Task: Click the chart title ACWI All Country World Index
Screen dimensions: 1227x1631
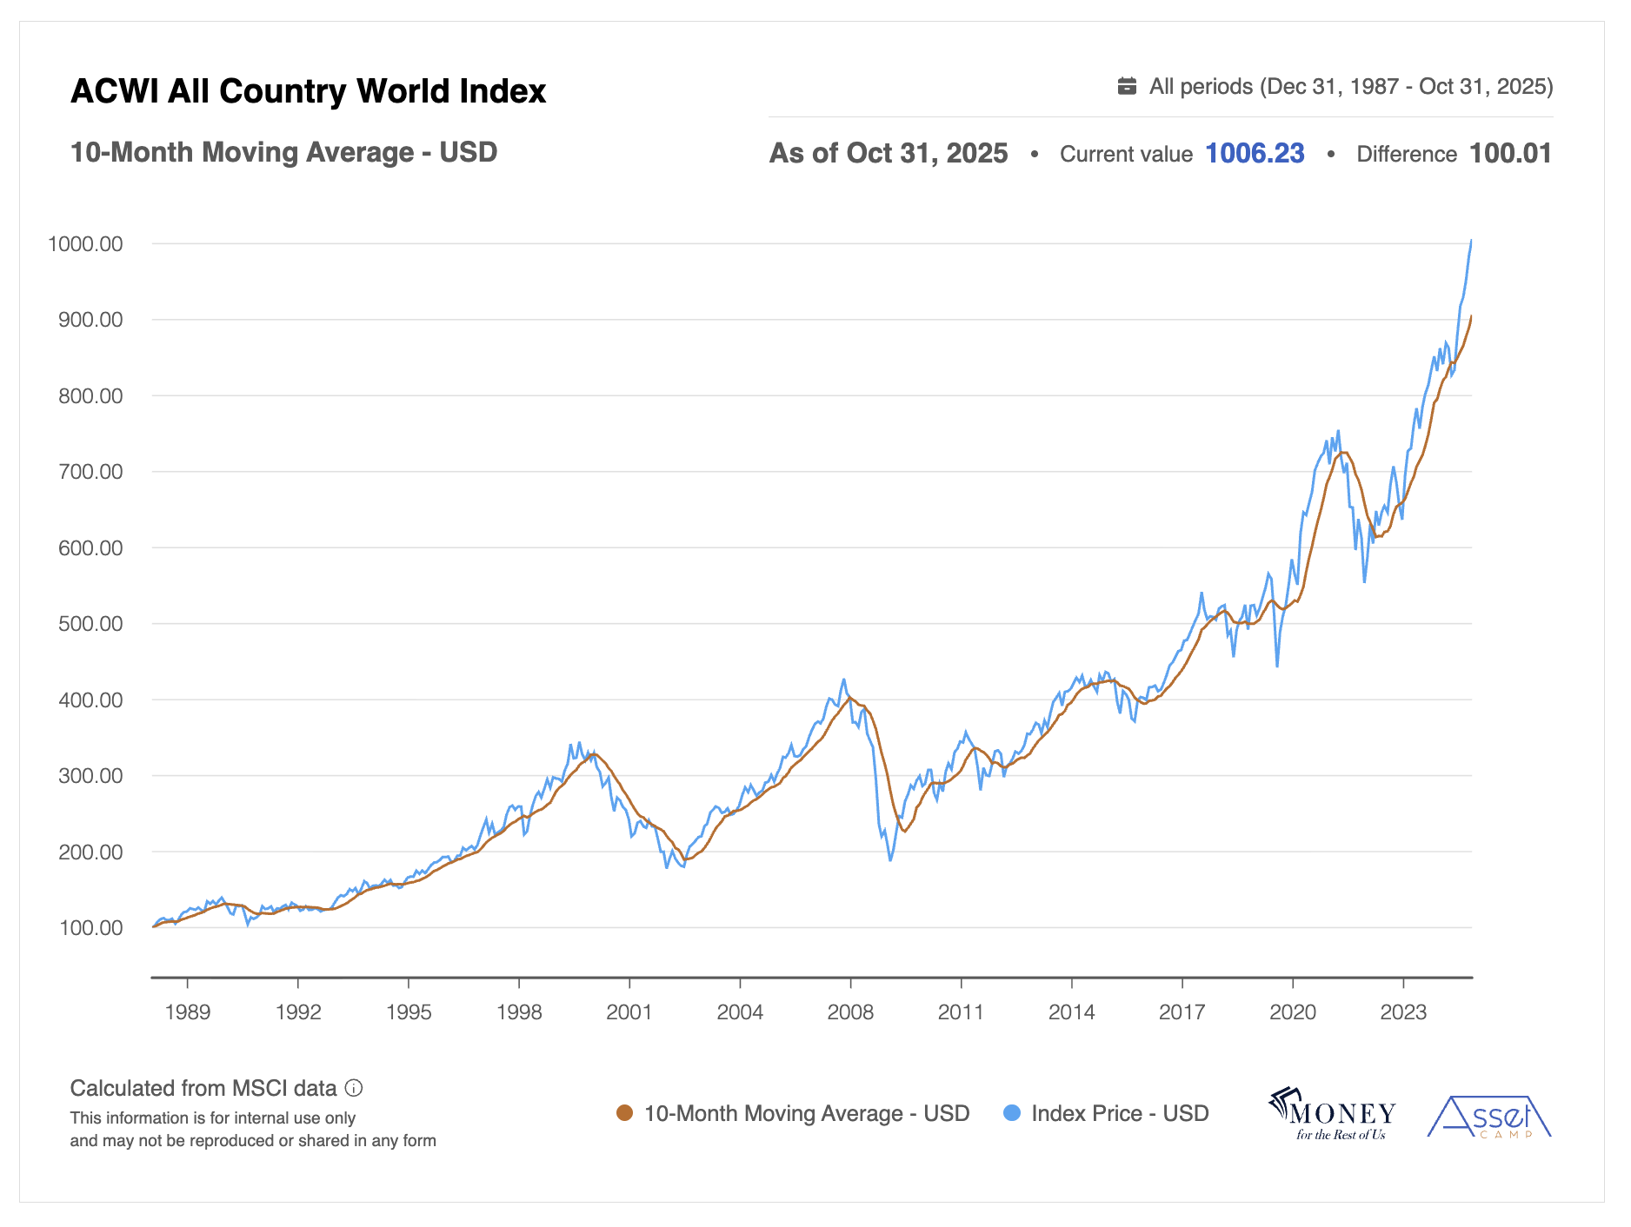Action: click(308, 91)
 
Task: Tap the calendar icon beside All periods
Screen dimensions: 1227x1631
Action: click(1127, 86)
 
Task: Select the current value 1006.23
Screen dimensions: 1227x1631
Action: click(1255, 154)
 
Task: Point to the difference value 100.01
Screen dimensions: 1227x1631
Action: click(1510, 154)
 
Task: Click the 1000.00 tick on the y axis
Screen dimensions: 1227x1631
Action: click(85, 244)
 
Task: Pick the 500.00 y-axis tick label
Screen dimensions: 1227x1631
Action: click(90, 624)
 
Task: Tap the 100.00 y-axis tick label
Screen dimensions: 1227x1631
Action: click(90, 928)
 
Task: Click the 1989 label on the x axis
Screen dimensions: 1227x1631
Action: click(188, 1012)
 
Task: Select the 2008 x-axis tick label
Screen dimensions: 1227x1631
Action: click(850, 1012)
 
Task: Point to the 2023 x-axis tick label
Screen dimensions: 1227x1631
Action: click(1403, 1012)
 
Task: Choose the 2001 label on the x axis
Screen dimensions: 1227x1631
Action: click(629, 1012)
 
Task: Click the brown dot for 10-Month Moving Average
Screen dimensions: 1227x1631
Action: click(624, 1113)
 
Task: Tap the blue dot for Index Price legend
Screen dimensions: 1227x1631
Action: click(1011, 1113)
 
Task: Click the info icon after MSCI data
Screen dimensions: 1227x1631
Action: click(354, 1088)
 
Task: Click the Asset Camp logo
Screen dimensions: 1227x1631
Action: click(1488, 1118)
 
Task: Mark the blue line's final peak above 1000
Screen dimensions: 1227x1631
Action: click(1471, 241)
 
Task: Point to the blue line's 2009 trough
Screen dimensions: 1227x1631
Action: click(890, 859)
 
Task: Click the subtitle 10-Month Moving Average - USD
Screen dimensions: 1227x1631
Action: click(283, 152)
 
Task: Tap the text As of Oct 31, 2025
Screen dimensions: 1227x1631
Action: click(889, 154)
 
